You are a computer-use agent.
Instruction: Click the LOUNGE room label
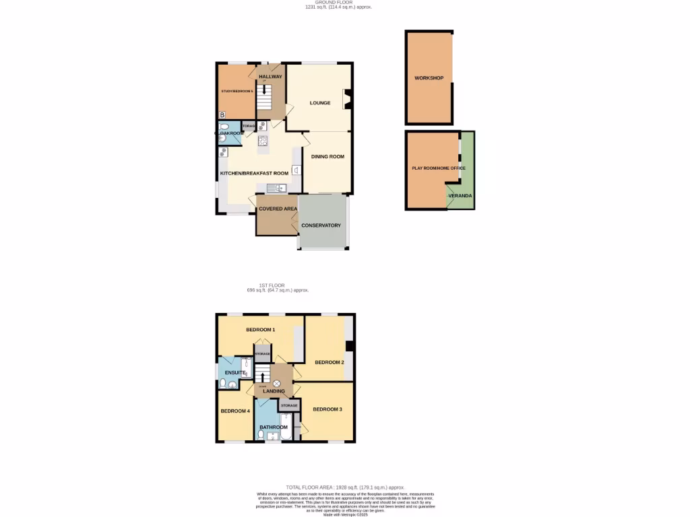(320, 103)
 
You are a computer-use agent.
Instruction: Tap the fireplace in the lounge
(348, 99)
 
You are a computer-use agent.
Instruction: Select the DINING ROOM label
(327, 157)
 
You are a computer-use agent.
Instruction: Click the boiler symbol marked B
(222, 116)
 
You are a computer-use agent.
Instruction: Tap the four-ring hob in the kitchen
(262, 141)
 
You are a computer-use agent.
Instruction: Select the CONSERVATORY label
(321, 226)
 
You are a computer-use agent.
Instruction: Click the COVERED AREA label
(278, 209)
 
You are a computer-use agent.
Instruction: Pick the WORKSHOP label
(429, 79)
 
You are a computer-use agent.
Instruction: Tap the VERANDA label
(461, 196)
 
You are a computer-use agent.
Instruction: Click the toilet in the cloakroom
(222, 137)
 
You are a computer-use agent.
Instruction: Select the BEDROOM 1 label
(260, 330)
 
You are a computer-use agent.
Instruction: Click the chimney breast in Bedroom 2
(349, 346)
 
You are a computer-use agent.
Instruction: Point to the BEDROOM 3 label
(327, 409)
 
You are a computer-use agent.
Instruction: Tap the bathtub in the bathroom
(284, 427)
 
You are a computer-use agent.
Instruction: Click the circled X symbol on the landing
(276, 383)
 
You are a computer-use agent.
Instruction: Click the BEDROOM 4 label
(234, 411)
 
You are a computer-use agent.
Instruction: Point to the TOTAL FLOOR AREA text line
(345, 487)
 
